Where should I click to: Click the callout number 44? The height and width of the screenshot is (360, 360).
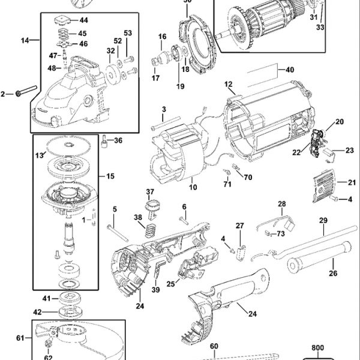coord(83,20)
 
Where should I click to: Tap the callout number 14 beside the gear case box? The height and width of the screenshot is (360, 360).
coord(25,40)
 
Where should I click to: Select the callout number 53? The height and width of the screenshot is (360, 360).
coord(127,32)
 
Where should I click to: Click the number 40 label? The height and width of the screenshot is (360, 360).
coord(290,70)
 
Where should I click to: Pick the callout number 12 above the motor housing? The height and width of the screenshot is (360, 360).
coord(229,84)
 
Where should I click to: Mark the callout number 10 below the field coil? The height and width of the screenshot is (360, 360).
coord(193,187)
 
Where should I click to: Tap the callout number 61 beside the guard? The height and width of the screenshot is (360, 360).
coord(20,338)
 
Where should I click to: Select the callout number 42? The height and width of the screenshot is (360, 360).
coord(37,311)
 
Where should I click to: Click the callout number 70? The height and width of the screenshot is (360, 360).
coord(248,178)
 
